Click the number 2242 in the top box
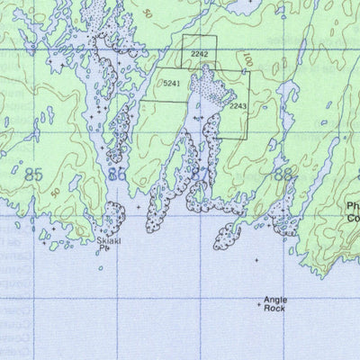click(200, 55)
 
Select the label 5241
click(172, 84)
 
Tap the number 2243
click(238, 107)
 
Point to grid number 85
click(35, 174)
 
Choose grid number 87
click(200, 175)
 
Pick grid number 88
click(283, 175)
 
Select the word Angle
click(274, 301)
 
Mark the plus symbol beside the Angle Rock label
click(259, 306)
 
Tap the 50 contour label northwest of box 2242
click(148, 15)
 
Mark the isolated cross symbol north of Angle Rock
click(256, 260)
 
